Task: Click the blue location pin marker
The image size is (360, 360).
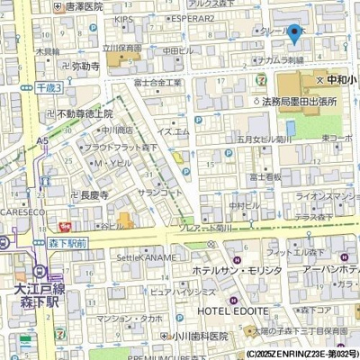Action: (x=294, y=34)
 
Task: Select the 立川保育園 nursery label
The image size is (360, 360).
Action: (x=121, y=48)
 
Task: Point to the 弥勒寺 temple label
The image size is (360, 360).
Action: (x=85, y=67)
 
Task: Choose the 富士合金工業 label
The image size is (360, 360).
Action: (x=157, y=83)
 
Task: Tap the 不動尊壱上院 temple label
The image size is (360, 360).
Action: (x=85, y=114)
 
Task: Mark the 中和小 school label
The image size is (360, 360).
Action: (x=340, y=81)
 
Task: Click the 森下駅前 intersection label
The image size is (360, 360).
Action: (x=68, y=244)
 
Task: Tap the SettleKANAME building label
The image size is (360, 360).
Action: (x=146, y=257)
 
